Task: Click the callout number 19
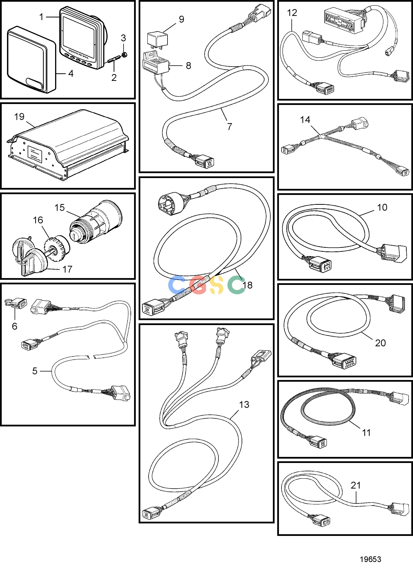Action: coord(19,117)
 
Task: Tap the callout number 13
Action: coord(244,405)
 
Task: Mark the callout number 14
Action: coord(305,120)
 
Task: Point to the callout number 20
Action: coord(380,343)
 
